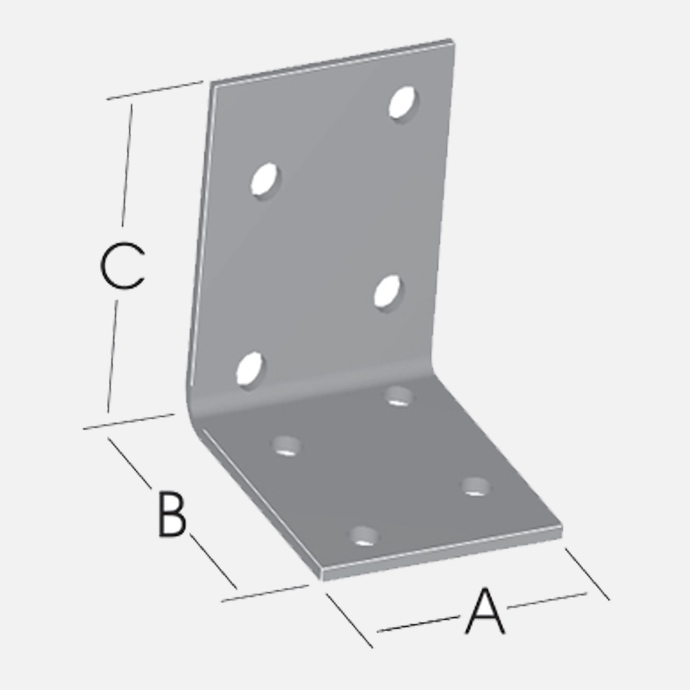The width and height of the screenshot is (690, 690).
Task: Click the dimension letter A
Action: point(485,615)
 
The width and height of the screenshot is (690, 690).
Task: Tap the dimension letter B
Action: point(172,515)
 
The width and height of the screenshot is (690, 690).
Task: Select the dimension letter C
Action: point(122,265)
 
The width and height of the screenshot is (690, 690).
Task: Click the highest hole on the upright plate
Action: point(403,103)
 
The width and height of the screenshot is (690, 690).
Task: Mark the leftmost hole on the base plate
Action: point(287,446)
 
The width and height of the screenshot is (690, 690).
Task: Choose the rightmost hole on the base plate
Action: point(476,487)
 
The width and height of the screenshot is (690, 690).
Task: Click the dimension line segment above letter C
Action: point(127,165)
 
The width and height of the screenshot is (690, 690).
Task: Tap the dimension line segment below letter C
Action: point(112,356)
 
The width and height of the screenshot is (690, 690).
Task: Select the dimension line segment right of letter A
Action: point(547,600)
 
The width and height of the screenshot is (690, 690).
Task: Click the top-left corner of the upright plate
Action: point(211,83)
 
